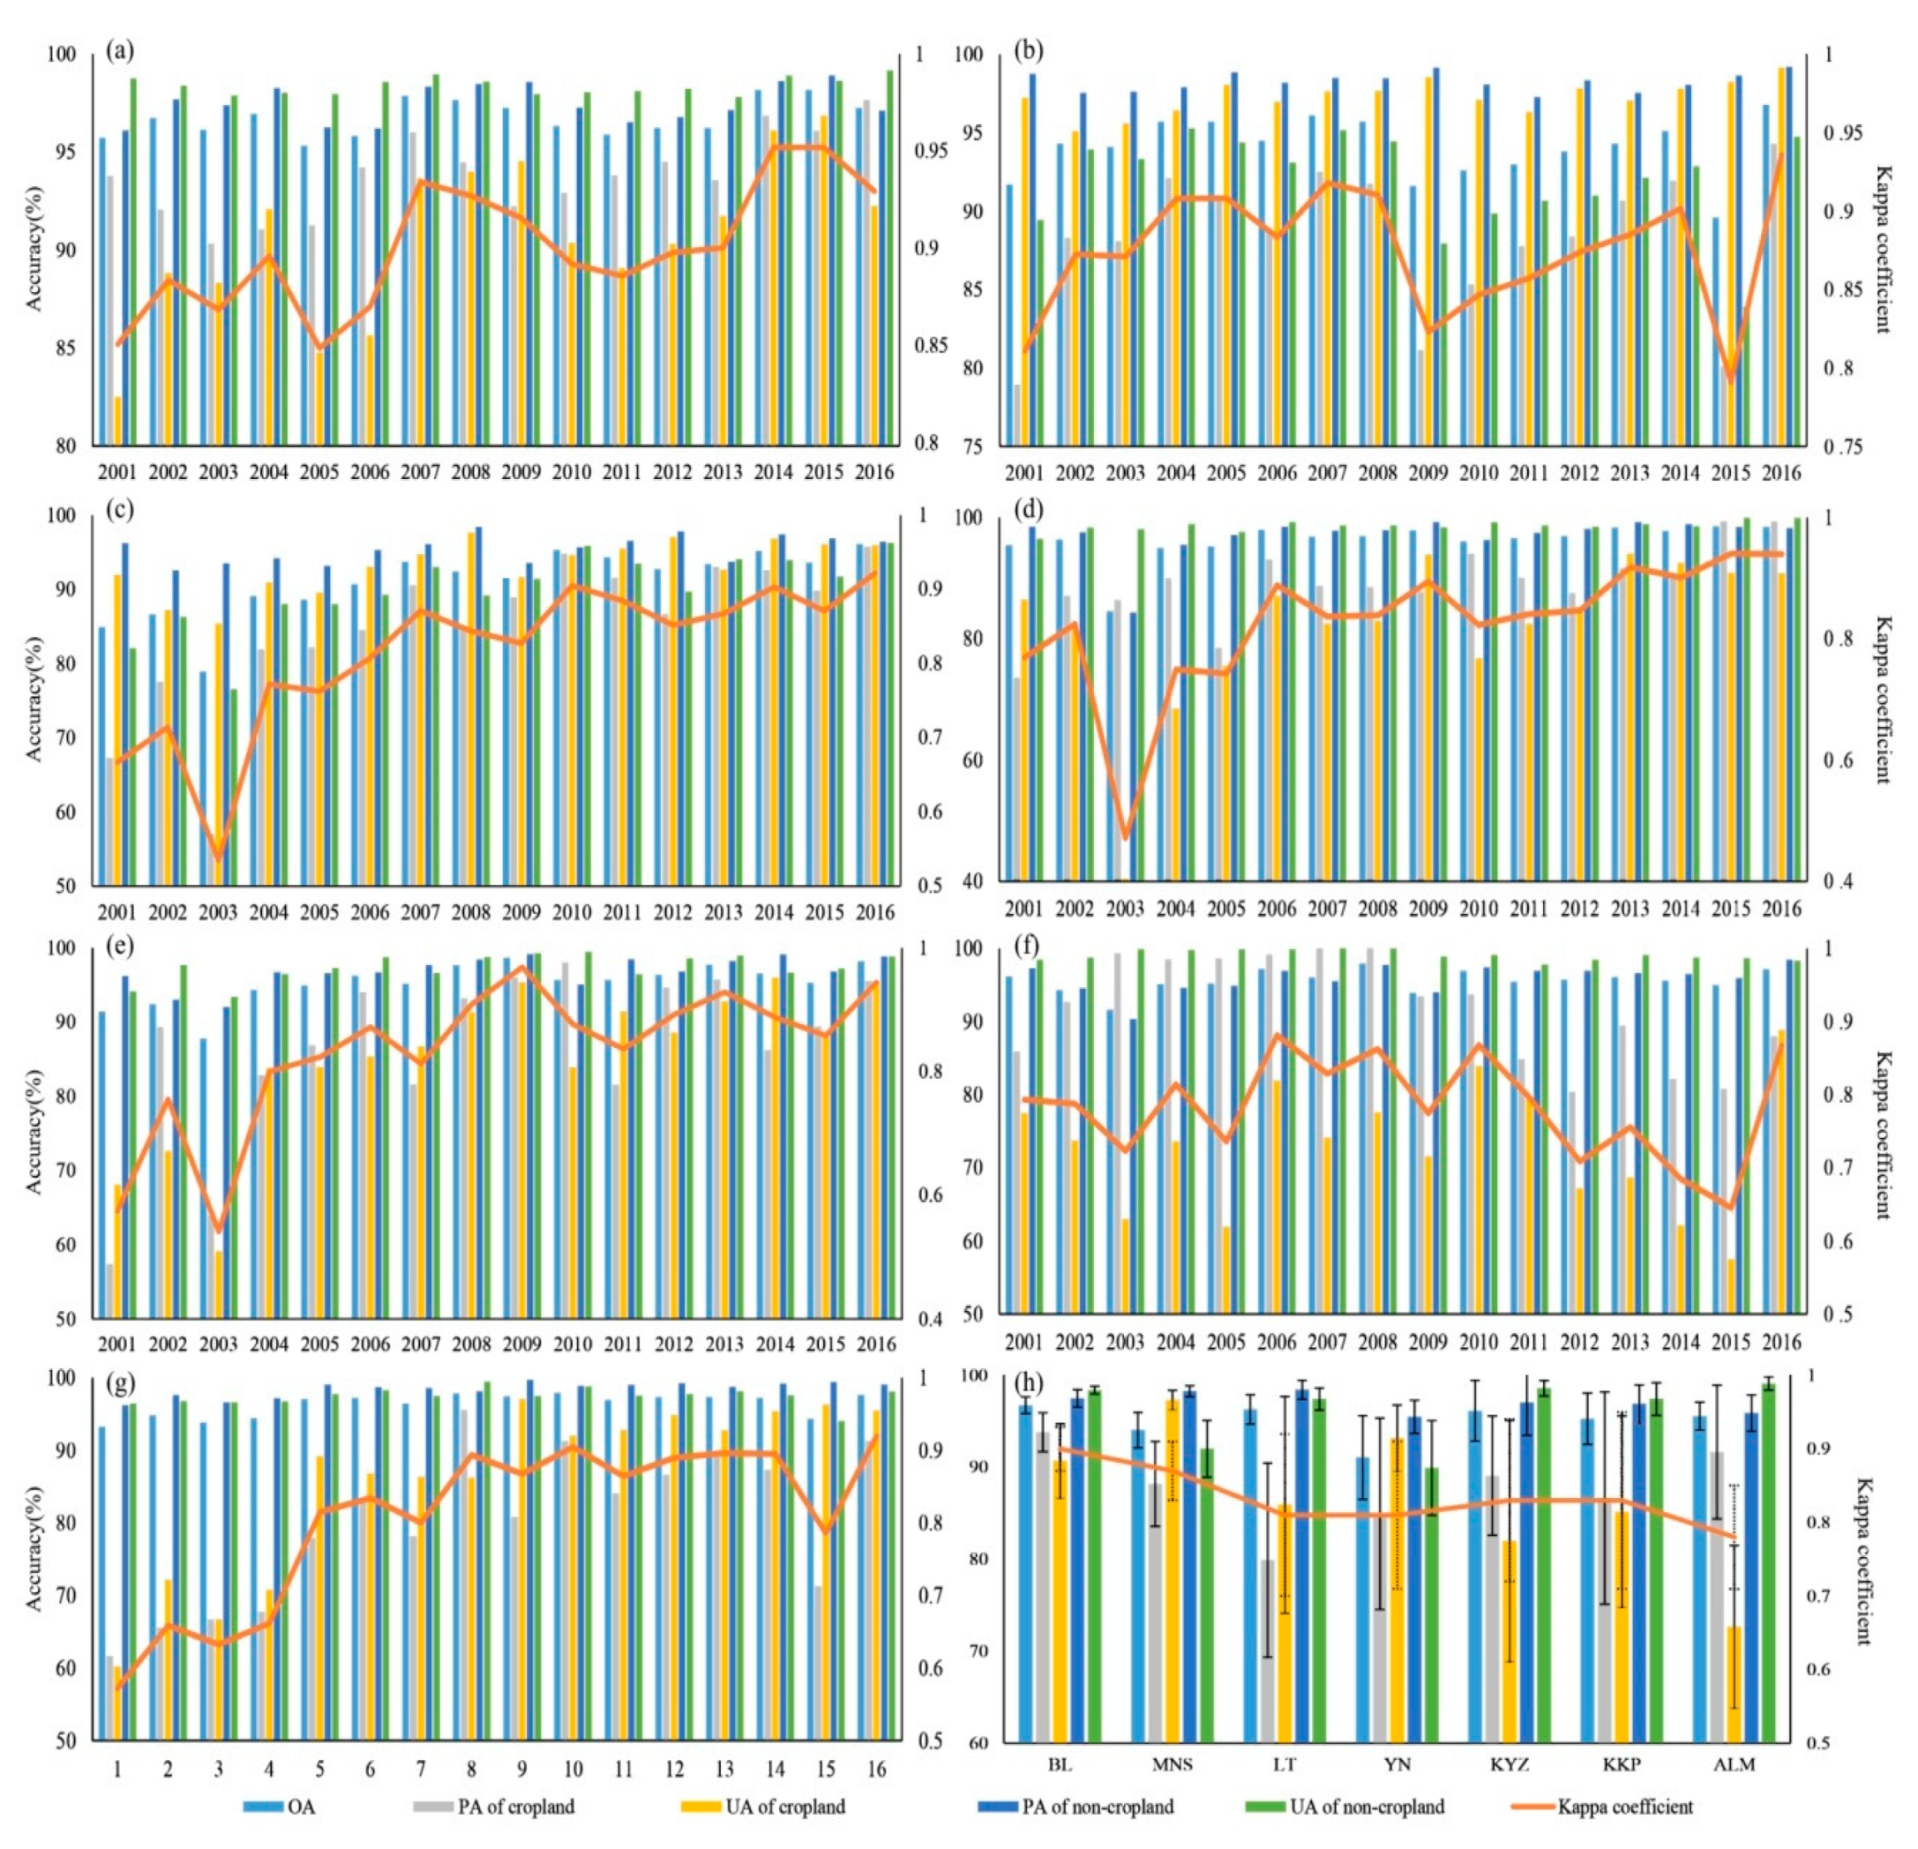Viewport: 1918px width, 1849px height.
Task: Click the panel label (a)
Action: [x=121, y=50]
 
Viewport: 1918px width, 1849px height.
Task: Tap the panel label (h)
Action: [x=1028, y=1382]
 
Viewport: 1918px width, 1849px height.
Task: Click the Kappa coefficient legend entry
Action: [x=1625, y=1806]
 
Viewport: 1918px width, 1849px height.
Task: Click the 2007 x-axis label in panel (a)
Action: [x=421, y=472]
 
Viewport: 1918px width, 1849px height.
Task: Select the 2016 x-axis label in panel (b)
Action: [x=1781, y=472]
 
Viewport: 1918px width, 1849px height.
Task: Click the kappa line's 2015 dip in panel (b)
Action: [x=1730, y=380]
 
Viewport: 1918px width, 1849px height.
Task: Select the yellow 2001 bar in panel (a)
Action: [x=118, y=421]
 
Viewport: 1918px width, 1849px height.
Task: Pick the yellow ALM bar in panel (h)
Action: [x=1734, y=1683]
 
